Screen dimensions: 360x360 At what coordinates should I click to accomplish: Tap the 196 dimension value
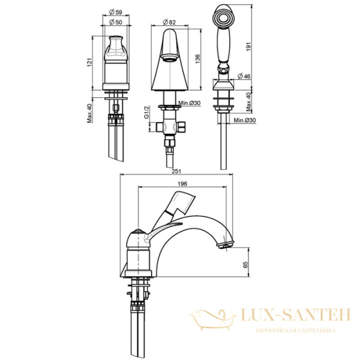pos(181,184)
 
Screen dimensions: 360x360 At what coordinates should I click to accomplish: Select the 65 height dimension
pos(245,264)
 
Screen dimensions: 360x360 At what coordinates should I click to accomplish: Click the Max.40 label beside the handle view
pos(89,112)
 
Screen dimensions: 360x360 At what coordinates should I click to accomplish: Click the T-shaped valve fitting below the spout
pos(170,127)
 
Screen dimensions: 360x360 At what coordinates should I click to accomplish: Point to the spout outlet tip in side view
pos(227,244)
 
